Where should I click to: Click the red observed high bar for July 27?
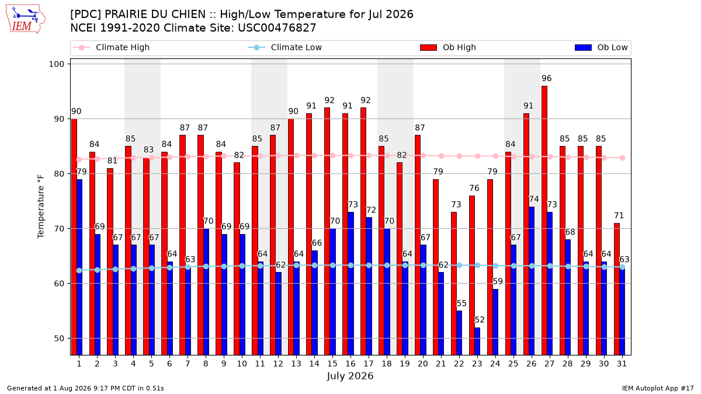tap(544, 221)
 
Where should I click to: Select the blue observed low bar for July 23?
tap(477, 341)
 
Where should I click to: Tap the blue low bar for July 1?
tap(79, 267)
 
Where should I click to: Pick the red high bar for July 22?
tap(454, 283)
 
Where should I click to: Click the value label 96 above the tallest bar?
tap(546, 78)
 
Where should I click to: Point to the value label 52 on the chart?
tap(480, 320)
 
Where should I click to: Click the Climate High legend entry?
tap(112, 47)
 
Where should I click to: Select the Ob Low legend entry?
tap(601, 47)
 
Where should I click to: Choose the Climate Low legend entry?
tap(285, 47)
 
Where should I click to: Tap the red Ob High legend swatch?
tap(428, 47)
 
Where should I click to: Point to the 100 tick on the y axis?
tap(56, 64)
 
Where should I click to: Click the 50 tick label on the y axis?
tap(59, 339)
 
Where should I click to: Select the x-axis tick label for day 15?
tap(332, 364)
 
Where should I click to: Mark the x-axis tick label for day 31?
tap(622, 364)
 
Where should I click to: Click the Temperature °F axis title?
tap(41, 207)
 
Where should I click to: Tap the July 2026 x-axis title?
tap(350, 375)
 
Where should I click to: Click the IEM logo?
tap(26, 19)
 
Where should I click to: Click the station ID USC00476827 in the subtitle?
tap(277, 28)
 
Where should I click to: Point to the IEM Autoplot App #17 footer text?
tap(658, 388)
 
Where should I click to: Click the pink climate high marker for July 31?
tap(623, 158)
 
